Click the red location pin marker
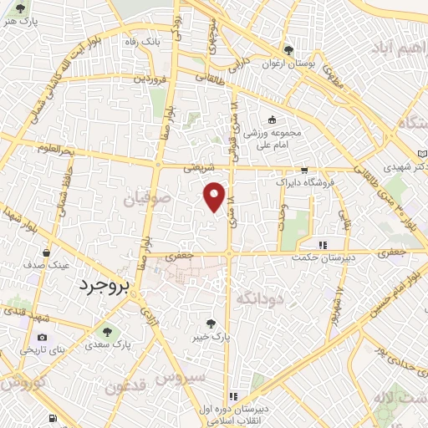tap(215, 197)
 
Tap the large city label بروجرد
tap(105, 286)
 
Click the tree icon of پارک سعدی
tap(89, 343)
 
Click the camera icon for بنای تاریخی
tap(19, 337)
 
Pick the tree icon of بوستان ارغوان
tap(288, 50)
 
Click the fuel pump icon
tap(53, 417)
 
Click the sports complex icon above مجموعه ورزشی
tap(270, 120)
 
